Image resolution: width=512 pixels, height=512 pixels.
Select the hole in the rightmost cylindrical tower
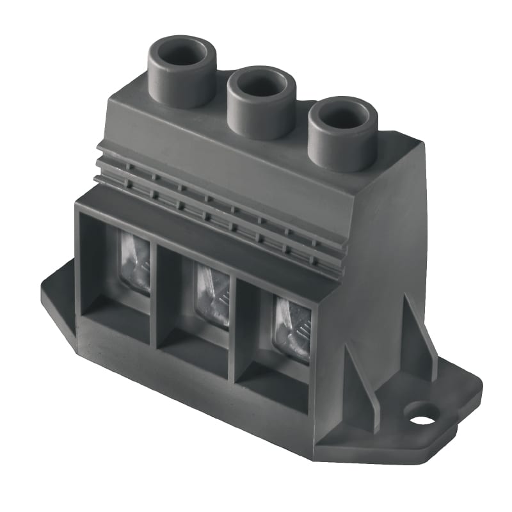tap(343, 115)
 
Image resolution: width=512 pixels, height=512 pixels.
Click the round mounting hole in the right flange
tap(422, 420)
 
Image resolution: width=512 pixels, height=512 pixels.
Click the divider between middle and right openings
tap(234, 333)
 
